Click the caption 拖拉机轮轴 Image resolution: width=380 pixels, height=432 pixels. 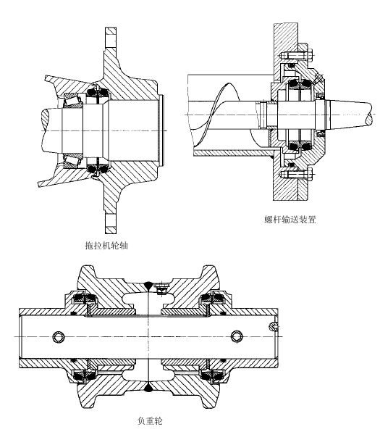[106, 245]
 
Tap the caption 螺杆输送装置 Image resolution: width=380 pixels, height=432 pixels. [290, 220]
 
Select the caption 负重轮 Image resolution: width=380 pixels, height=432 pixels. [150, 421]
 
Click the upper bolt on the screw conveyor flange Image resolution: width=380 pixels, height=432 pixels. [297, 55]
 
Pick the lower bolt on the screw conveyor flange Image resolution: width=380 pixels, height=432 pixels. [297, 174]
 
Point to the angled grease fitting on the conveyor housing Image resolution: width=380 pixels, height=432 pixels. [318, 78]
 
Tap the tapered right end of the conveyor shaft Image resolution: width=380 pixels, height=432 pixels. [350, 114]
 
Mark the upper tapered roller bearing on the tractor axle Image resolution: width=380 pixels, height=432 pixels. [73, 100]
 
